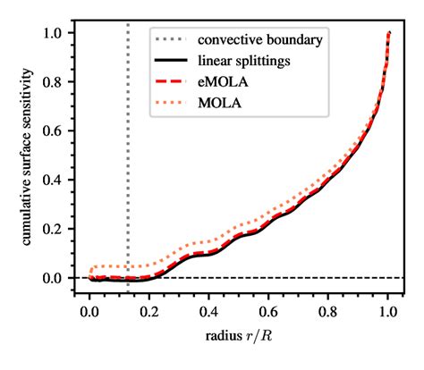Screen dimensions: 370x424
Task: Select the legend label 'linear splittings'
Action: click(x=243, y=61)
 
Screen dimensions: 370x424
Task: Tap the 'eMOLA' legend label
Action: click(x=222, y=81)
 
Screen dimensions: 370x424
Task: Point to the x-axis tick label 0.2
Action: click(x=149, y=314)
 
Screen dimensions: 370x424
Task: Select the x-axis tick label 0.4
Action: click(x=209, y=314)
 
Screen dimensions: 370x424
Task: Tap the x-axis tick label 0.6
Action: click(x=268, y=314)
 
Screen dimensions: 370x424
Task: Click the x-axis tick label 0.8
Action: click(x=328, y=314)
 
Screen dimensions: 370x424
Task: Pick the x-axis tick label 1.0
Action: click(x=388, y=314)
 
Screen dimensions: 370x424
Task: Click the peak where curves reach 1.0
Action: click(x=389, y=34)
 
